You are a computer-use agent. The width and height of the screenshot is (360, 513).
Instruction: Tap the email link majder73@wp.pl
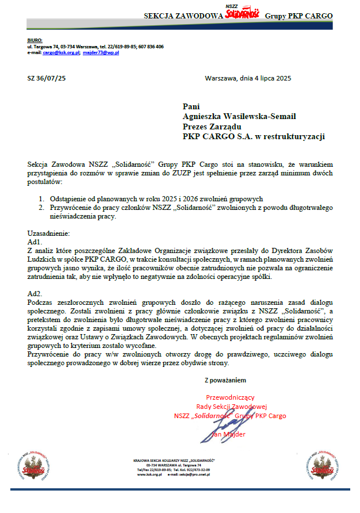[x=101, y=52]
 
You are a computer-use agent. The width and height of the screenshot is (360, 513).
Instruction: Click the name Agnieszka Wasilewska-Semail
[x=239, y=116]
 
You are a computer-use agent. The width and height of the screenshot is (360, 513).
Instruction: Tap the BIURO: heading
[x=35, y=40]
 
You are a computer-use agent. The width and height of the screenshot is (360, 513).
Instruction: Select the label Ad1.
[x=35, y=242]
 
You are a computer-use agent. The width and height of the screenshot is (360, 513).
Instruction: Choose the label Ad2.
[x=35, y=293]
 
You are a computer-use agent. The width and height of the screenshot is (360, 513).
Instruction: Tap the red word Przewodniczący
[x=230, y=397]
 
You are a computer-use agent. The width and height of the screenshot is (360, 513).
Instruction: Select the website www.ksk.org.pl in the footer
[x=148, y=475]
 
